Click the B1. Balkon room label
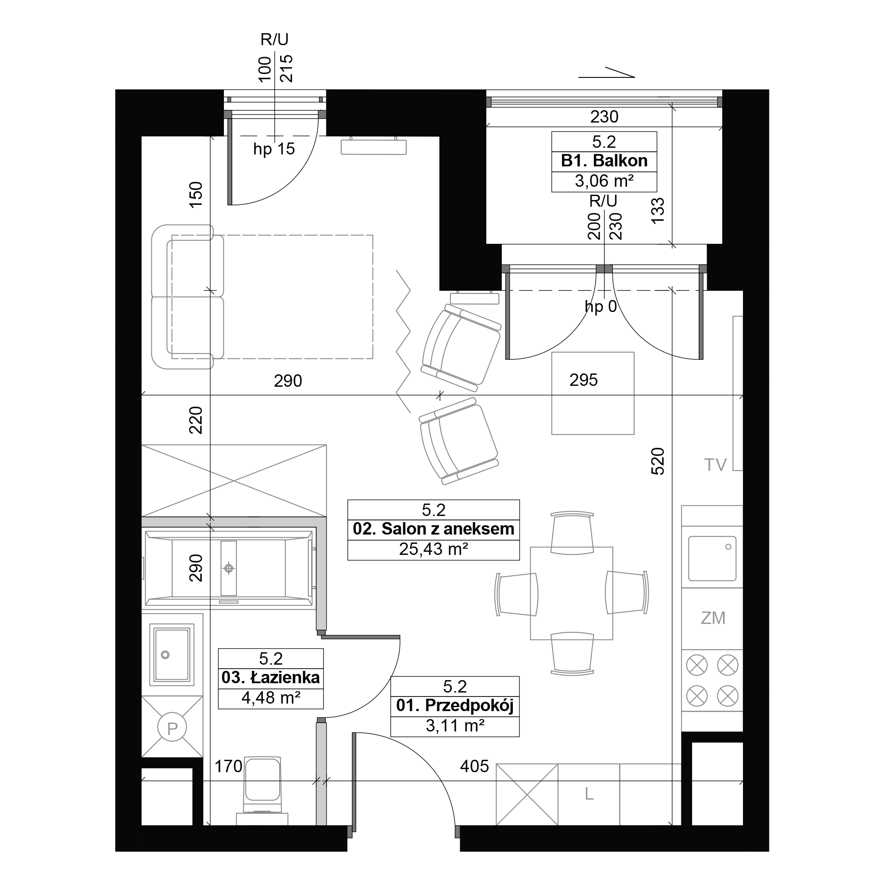pos(604,161)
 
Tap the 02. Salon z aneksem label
pos(433,529)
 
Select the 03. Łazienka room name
pos(270,677)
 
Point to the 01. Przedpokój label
pos(454,705)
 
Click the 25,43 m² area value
pos(433,549)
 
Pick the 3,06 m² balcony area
pos(604,181)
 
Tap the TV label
pos(715,465)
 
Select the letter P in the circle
pos(172,728)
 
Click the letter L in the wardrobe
pos(589,794)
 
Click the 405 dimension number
pos(474,766)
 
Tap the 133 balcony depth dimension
pos(658,210)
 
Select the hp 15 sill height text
pos(274,149)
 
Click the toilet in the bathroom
pos(262,792)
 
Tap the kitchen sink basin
pos(712,558)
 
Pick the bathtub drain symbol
pos(229,569)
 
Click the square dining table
pos(571,593)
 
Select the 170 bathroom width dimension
pos(229,766)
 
